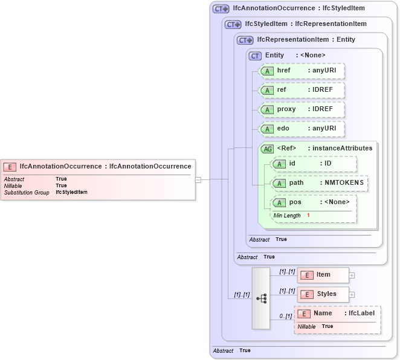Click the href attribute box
point(302,71)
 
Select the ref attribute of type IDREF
point(302,90)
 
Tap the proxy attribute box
point(302,109)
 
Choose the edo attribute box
point(302,129)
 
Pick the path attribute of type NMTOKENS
point(318,183)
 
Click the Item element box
point(323,275)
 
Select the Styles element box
point(323,294)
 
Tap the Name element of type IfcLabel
point(337,313)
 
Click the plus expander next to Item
point(352,275)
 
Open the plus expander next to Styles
point(352,295)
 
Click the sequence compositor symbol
point(261,298)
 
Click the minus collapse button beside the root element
point(198,179)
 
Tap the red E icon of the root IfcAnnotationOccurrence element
point(10,167)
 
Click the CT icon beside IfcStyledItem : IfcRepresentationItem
point(233,24)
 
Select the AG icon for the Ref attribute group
point(266,149)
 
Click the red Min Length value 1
point(308,216)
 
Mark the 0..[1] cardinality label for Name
point(285,316)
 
